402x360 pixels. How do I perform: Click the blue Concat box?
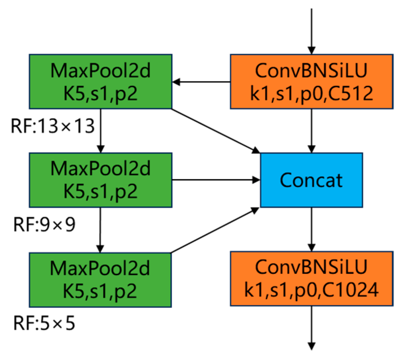pyautogui.click(x=311, y=180)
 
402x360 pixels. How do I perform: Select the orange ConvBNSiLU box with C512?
pyautogui.click(x=311, y=82)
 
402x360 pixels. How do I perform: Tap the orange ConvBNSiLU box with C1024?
pyautogui.click(x=311, y=278)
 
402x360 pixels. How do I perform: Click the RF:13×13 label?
pyautogui.click(x=53, y=127)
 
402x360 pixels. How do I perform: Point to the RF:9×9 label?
pyautogui.click(x=44, y=224)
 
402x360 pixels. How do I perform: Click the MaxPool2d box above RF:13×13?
pyautogui.click(x=100, y=82)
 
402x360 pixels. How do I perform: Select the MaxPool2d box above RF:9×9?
pyautogui.click(x=100, y=180)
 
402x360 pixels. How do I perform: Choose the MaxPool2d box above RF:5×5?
pyautogui.click(x=100, y=279)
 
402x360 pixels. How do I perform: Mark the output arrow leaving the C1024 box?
pyautogui.click(x=311, y=328)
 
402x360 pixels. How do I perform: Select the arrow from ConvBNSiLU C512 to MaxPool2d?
pyautogui.click(x=201, y=82)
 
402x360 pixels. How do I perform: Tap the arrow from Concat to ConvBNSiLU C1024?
pyautogui.click(x=311, y=229)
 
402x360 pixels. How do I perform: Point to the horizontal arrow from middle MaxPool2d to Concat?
pyautogui.click(x=216, y=180)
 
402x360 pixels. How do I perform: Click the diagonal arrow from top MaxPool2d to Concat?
pyautogui.click(x=216, y=131)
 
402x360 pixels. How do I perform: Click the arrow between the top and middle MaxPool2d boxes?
pyautogui.click(x=100, y=131)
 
